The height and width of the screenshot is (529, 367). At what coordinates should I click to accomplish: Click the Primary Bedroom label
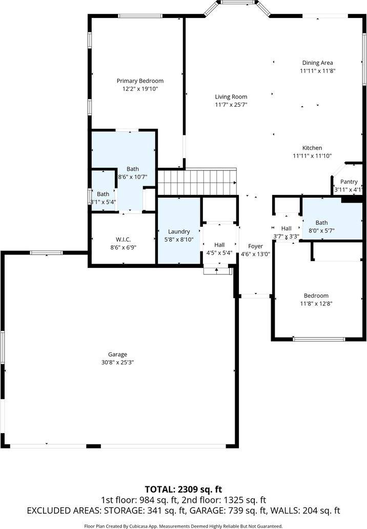tap(140, 81)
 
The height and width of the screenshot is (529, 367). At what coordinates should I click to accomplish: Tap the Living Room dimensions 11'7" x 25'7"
tap(231, 105)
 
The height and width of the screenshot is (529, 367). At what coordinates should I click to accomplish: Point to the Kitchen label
tap(312, 148)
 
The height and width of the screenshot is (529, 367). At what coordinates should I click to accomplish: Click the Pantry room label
tap(349, 182)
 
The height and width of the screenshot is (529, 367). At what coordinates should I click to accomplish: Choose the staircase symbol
tap(197, 182)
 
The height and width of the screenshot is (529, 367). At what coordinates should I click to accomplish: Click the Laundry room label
tap(179, 231)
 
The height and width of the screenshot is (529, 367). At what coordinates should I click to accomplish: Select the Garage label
tap(117, 354)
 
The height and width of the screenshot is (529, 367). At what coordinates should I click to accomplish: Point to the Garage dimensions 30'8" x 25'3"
tap(117, 362)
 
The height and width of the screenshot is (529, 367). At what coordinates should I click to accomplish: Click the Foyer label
tap(255, 246)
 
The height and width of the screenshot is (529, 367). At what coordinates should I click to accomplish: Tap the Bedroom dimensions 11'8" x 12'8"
tap(316, 304)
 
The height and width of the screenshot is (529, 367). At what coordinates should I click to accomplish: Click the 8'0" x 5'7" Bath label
tap(321, 223)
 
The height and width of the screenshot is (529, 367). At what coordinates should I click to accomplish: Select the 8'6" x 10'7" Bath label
tap(133, 169)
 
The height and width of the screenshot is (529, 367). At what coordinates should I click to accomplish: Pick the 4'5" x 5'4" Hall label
tap(219, 245)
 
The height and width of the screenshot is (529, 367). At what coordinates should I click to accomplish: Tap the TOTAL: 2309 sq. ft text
tap(183, 489)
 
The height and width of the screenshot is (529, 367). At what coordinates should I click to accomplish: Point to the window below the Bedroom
tap(319, 339)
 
